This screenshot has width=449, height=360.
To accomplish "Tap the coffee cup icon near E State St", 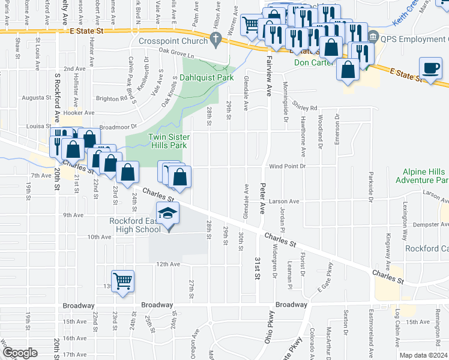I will pyautogui.click(x=430, y=68).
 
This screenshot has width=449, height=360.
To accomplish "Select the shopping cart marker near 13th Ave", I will pyautogui.click(x=122, y=280).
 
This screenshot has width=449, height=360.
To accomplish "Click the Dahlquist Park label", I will pyautogui.click(x=207, y=77).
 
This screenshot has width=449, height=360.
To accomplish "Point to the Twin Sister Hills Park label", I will pyautogui.click(x=169, y=141).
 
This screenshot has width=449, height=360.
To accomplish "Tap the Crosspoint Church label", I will pyautogui.click(x=172, y=41).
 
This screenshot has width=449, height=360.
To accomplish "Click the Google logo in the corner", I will pyautogui.click(x=19, y=353).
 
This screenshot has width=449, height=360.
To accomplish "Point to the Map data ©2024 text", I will pyautogui.click(x=423, y=355).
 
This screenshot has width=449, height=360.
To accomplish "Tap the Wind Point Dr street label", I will pyautogui.click(x=288, y=166).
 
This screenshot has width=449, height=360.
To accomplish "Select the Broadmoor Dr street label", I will pyautogui.click(x=118, y=127).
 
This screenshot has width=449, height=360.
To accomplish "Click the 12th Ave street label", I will pyautogui.click(x=168, y=264).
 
